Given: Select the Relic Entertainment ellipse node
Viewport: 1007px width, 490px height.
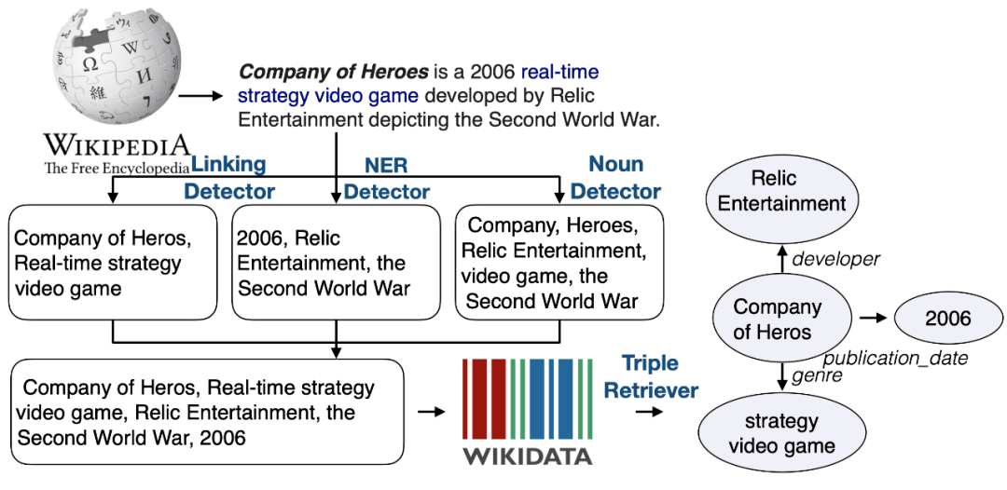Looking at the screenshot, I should point(783,190).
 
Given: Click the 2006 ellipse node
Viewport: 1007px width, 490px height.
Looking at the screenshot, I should point(947,319).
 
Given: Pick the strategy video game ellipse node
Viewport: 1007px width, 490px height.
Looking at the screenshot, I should point(781,433).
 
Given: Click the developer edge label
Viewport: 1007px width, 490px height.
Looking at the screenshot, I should point(835,259).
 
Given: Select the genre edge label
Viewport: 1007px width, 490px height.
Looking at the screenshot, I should point(818,375).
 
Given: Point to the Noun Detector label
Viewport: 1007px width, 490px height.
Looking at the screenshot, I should point(615,178).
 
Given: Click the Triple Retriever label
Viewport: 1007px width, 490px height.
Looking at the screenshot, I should point(651,376).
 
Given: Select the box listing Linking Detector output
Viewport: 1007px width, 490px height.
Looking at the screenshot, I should point(113,263).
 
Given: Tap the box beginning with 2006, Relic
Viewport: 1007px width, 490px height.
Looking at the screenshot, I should point(335,263).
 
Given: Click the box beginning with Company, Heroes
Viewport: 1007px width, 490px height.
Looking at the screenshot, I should point(559,263).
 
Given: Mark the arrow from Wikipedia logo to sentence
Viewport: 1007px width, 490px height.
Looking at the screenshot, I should point(201,95).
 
